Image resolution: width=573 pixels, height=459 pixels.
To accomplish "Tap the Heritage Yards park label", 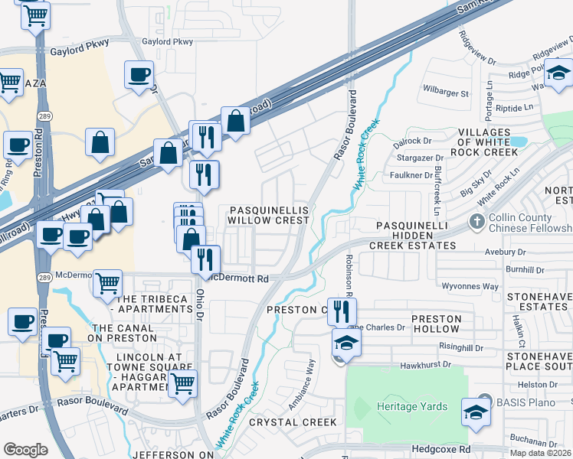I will pyautogui.click(x=411, y=406).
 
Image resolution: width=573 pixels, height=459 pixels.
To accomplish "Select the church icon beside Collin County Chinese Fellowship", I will pyautogui.click(x=477, y=223).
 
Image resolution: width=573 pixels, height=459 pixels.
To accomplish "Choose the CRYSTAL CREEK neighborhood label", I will pyautogui.click(x=293, y=422).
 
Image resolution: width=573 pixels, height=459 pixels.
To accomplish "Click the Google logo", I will pyautogui.click(x=25, y=450).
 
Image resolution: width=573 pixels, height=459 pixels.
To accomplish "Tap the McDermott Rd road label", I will pyautogui.click(x=241, y=278).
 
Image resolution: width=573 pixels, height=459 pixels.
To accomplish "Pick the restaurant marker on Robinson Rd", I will pyautogui.click(x=342, y=311).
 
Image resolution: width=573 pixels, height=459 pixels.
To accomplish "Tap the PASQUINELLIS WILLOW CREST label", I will pyautogui.click(x=268, y=214).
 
